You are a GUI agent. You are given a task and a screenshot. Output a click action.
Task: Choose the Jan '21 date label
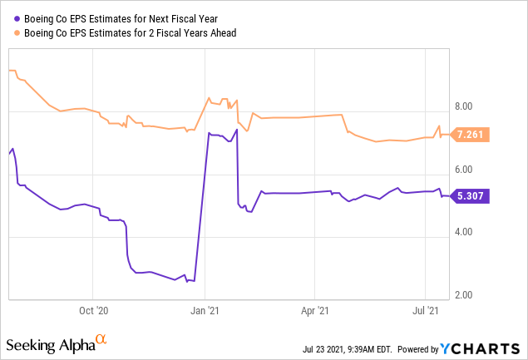pyautogui.click(x=205, y=312)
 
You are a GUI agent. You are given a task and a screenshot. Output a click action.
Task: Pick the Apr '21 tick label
pyautogui.click(x=314, y=312)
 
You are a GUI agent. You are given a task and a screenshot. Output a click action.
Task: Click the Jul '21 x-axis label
pyautogui.click(x=426, y=312)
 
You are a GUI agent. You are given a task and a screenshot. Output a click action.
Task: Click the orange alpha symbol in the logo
pyautogui.click(x=101, y=339)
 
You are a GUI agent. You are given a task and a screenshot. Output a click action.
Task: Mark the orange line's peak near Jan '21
pyautogui.click(x=209, y=97)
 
